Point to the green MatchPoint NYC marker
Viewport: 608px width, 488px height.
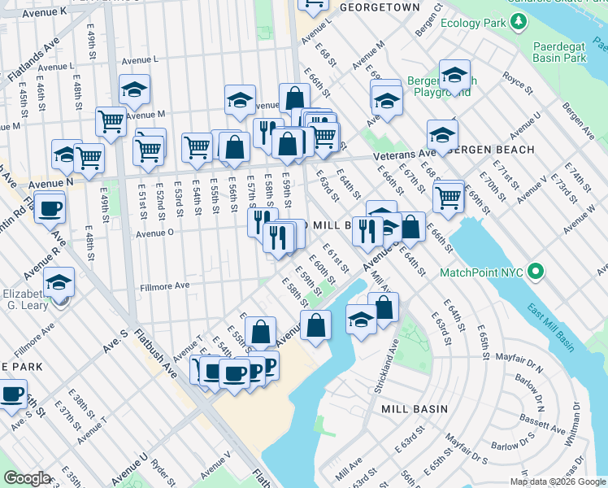(x=536, y=271)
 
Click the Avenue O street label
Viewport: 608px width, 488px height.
(x=154, y=233)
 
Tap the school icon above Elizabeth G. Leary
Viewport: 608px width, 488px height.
(x=59, y=282)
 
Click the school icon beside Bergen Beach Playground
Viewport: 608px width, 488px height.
(x=455, y=76)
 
